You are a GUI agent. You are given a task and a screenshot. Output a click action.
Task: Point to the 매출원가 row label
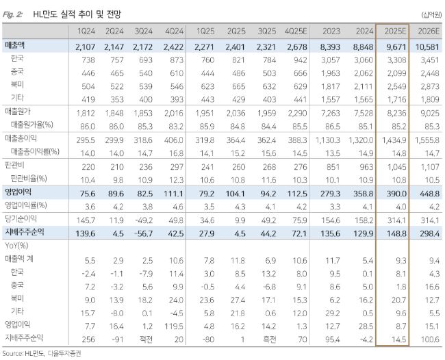point(18,112)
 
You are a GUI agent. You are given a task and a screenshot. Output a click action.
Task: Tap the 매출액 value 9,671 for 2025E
point(392,46)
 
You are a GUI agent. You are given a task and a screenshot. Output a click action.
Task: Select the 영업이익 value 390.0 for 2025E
point(392,192)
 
